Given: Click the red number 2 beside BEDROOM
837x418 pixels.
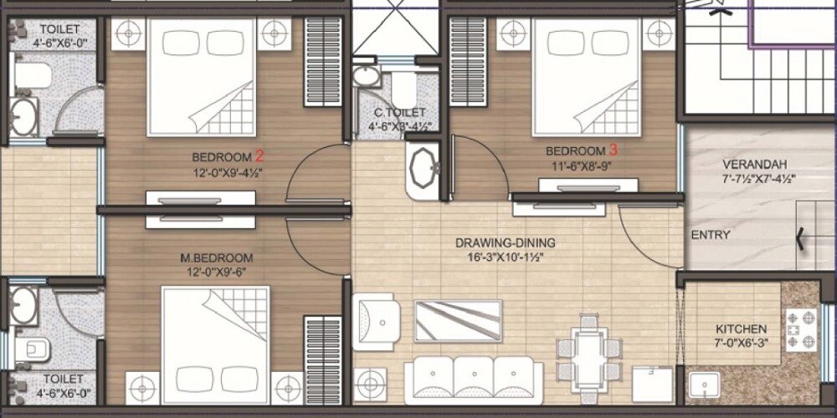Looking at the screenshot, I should coord(259,155).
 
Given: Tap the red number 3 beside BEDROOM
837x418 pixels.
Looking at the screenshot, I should coord(614,150).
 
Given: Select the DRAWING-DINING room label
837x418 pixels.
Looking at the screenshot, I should coord(506,243).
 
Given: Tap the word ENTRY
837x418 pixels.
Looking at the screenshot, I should coord(711,236).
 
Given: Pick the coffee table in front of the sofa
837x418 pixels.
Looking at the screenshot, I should coord(458,321).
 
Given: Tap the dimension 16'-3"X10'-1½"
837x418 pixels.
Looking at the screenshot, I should coord(505,257).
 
